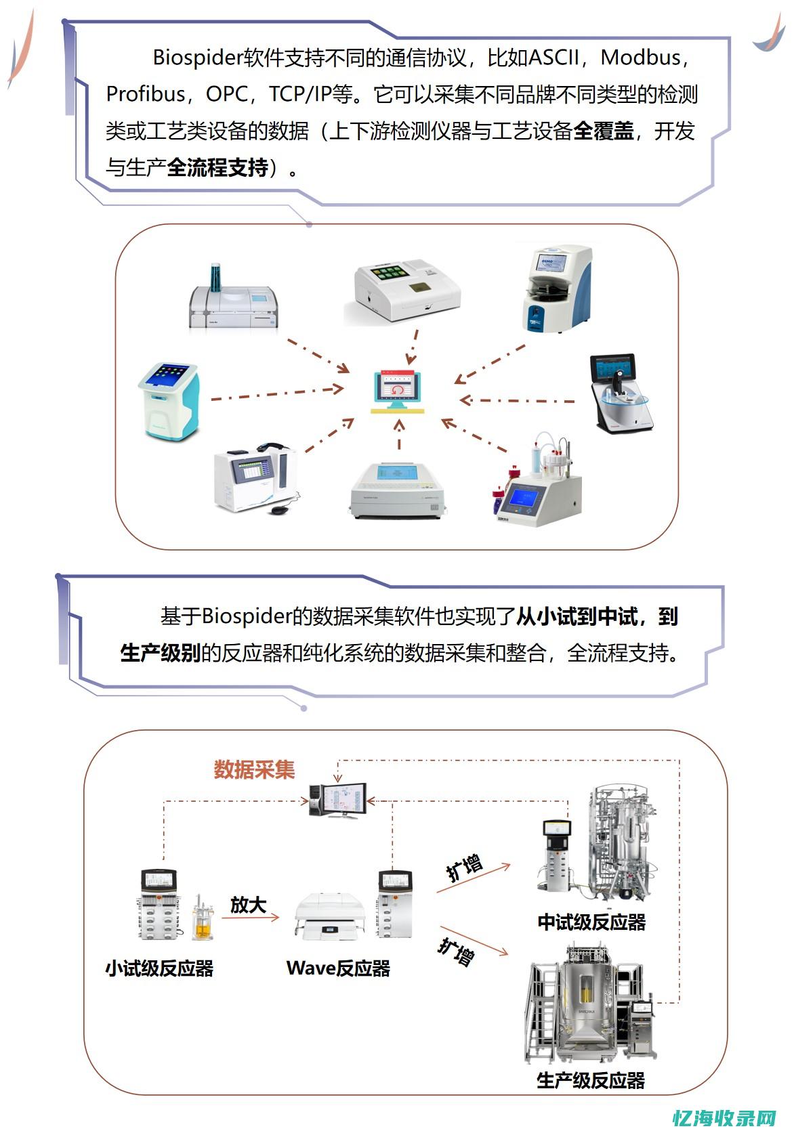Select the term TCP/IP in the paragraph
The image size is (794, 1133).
pyautogui.click(x=300, y=94)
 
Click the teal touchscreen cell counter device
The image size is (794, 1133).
pyautogui.click(x=170, y=401)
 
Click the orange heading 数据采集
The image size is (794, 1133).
pyautogui.click(x=254, y=769)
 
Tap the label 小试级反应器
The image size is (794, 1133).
pyautogui.click(x=159, y=968)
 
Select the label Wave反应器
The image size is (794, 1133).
pyautogui.click(x=338, y=968)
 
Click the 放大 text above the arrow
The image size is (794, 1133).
pyautogui.click(x=248, y=905)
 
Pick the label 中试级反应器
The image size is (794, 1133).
pyautogui.click(x=591, y=922)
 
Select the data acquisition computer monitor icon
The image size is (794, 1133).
pyautogui.click(x=338, y=800)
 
